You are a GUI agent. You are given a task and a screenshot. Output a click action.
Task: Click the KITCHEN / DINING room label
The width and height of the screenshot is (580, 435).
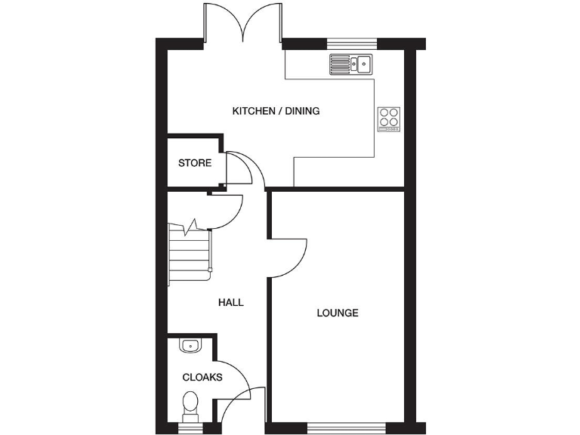(276, 111)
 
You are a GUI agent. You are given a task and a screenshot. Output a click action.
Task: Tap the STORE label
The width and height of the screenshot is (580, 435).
(195, 162)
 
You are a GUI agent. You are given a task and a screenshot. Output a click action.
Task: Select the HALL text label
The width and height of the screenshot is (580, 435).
(231, 302)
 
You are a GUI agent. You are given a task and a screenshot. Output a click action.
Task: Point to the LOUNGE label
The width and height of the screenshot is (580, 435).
(338, 313)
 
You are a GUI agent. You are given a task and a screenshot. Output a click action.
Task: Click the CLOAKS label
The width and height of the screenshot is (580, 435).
(202, 377)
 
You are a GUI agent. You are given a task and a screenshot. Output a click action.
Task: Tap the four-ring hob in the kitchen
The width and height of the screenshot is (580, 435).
(389, 118)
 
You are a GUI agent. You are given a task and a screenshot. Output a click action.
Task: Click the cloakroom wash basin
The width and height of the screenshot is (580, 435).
(190, 346)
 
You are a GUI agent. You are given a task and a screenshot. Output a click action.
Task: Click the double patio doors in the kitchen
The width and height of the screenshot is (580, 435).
(243, 23)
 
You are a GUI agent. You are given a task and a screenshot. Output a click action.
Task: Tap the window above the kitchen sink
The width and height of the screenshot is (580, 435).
(351, 42)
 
